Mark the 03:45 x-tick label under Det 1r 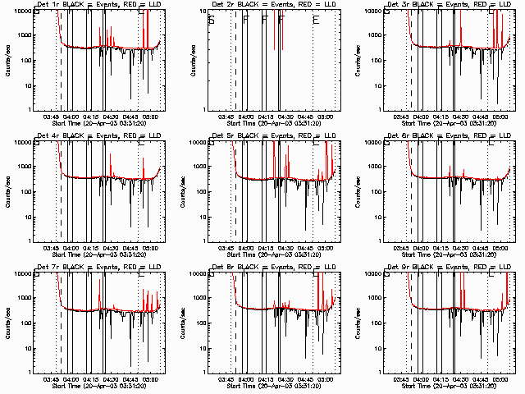click(51, 117)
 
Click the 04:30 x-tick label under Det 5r click(285, 248)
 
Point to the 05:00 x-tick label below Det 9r click(500, 379)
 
